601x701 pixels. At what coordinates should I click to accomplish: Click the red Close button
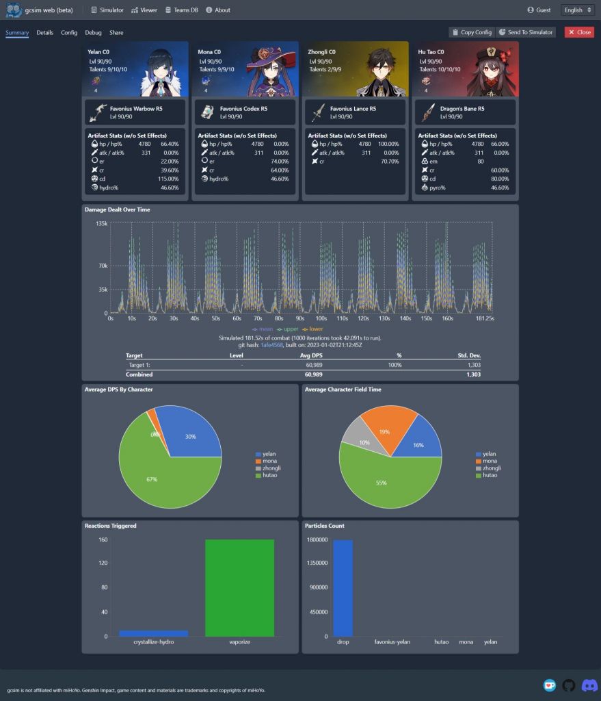(x=579, y=32)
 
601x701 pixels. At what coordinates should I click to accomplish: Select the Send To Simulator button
(x=525, y=32)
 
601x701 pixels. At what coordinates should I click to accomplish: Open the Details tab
(x=44, y=32)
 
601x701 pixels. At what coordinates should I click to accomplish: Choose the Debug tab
(x=93, y=32)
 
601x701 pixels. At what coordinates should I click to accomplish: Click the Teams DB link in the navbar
(x=181, y=10)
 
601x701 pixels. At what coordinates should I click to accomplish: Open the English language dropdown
(x=576, y=10)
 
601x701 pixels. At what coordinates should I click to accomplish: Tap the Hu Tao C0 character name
(x=431, y=52)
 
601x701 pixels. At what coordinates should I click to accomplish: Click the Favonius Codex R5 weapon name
(x=243, y=108)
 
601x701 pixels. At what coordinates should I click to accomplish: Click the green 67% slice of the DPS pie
(x=157, y=479)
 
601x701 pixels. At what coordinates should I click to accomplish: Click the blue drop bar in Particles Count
(x=343, y=587)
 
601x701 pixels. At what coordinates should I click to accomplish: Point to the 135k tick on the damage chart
(x=101, y=223)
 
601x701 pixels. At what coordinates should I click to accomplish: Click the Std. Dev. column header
(x=469, y=355)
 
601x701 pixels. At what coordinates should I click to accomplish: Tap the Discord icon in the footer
(x=589, y=685)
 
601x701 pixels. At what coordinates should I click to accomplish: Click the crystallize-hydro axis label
(x=154, y=642)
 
